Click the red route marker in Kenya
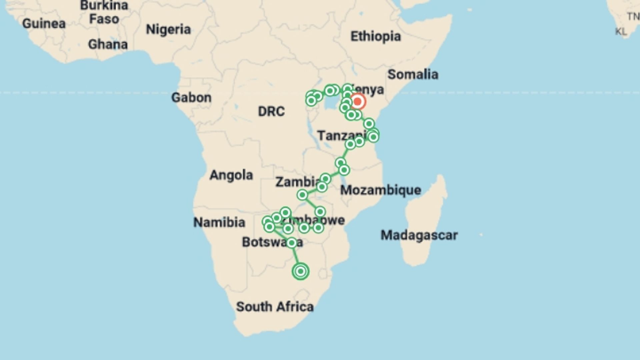(357, 101)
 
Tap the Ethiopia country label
(375, 36)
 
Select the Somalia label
(413, 74)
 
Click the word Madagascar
(419, 235)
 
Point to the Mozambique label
(380, 190)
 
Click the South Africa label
(275, 307)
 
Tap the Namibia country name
(219, 222)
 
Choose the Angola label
(231, 175)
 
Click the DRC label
(271, 111)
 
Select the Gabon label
(191, 98)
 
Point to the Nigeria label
(168, 30)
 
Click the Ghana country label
(108, 44)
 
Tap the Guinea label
(44, 24)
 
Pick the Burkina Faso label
(104, 12)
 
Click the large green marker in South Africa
(300, 271)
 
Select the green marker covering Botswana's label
(291, 243)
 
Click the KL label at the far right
(621, 32)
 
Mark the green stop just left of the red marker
(347, 101)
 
